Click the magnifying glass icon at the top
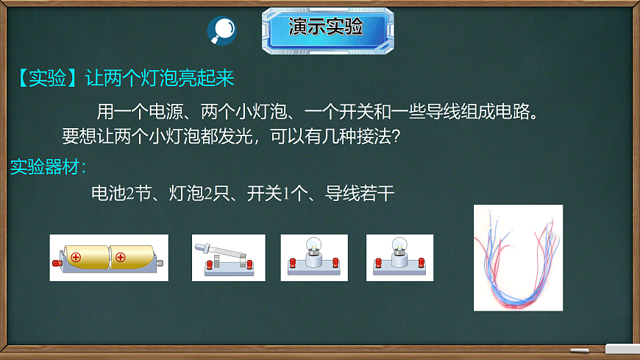pos(221,29)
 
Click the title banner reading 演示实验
pos(325,28)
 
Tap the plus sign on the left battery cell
pos(75,258)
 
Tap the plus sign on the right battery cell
pos(121,258)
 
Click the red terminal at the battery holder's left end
pos(56,262)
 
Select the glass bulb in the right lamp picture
pos(399,246)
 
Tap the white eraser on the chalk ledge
pos(622,347)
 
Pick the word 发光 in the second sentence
pos(235,137)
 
